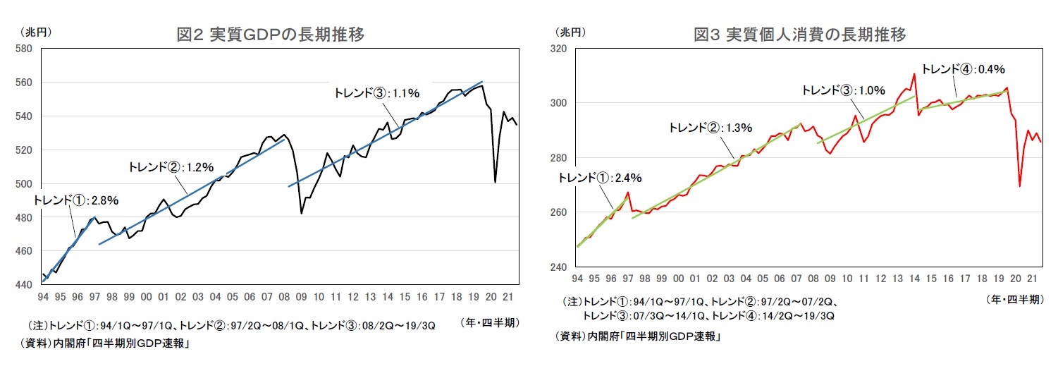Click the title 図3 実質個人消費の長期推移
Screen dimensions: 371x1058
800,34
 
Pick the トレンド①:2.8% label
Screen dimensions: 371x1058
75,200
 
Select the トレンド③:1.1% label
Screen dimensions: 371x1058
378,92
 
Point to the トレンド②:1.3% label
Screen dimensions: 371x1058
711,128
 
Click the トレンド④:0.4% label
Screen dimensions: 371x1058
963,68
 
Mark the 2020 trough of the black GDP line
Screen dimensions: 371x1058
496,182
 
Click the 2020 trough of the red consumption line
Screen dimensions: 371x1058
1020,186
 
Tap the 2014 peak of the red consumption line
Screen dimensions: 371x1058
914,73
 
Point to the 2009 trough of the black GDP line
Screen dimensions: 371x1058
302,213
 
